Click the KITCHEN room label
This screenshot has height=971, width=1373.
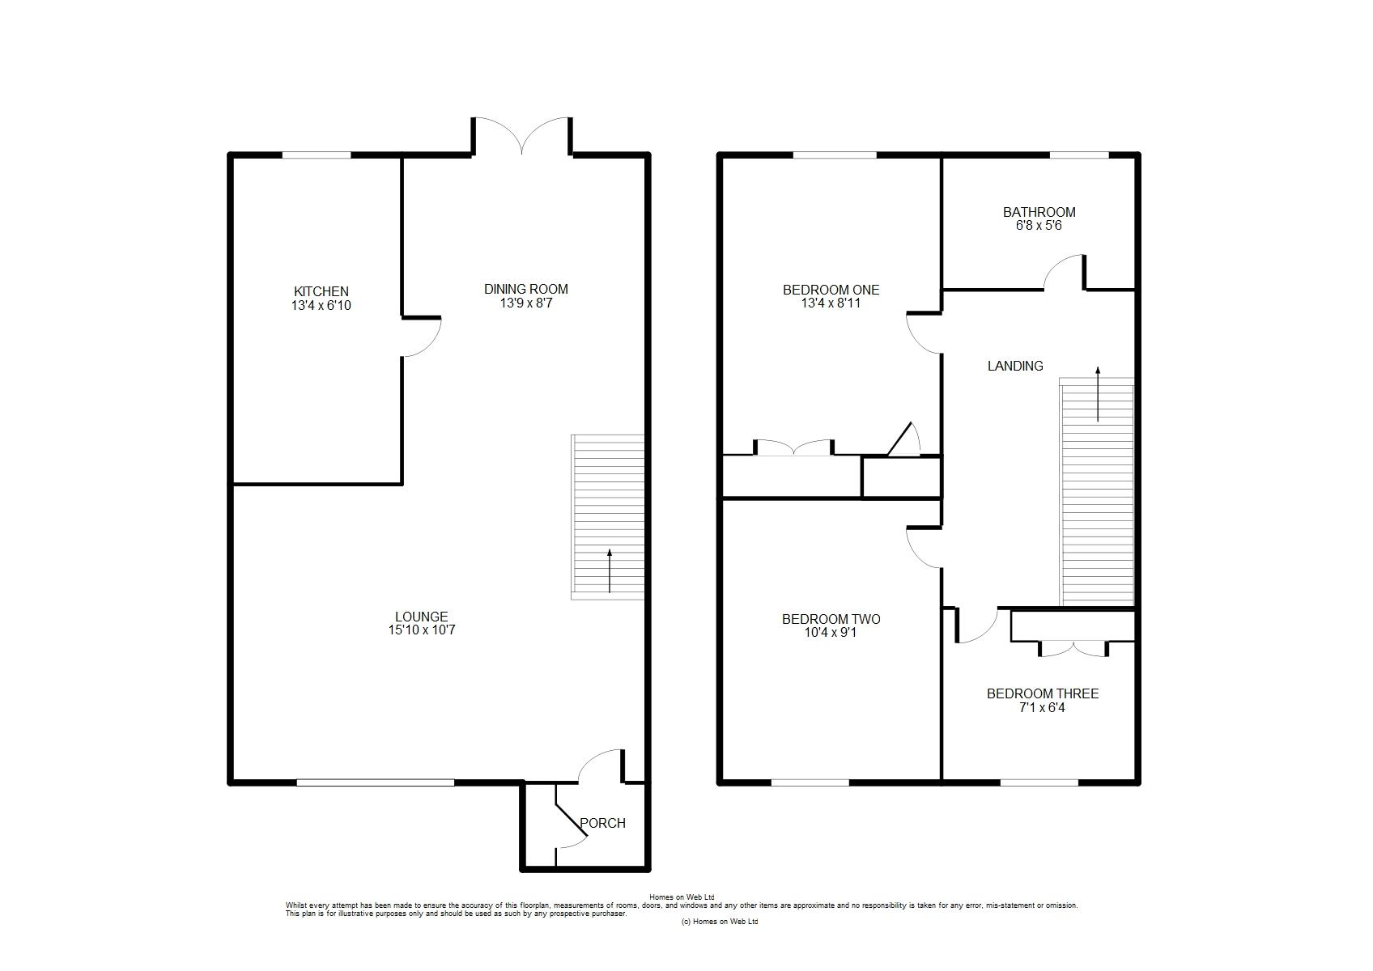[321, 291]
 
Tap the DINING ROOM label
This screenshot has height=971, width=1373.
[526, 289]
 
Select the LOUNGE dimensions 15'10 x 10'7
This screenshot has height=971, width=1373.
[422, 630]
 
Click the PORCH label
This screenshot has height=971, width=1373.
[603, 824]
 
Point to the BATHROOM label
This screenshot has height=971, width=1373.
[1039, 212]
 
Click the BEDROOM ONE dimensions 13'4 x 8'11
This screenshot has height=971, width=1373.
[831, 303]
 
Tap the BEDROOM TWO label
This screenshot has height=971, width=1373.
[831, 619]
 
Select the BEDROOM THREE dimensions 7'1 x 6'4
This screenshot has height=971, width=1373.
[1043, 708]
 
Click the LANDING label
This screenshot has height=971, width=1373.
[1015, 367]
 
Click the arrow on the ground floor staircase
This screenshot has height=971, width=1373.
[610, 571]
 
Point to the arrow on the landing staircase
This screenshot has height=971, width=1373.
[1098, 394]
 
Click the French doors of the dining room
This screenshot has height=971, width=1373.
[522, 136]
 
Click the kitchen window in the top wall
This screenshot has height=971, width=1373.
[317, 155]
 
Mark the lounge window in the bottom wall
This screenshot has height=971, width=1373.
[376, 782]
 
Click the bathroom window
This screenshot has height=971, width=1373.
[1079, 155]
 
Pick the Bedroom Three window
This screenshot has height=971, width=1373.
[1039, 782]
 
